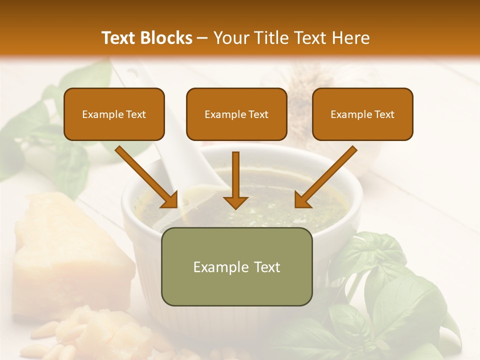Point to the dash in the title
point(203,38)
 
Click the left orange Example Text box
point(114,114)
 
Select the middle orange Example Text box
point(236,114)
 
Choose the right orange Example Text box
point(362,114)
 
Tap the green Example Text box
point(236,266)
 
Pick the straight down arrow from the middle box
point(235,180)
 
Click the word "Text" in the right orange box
point(384,114)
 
